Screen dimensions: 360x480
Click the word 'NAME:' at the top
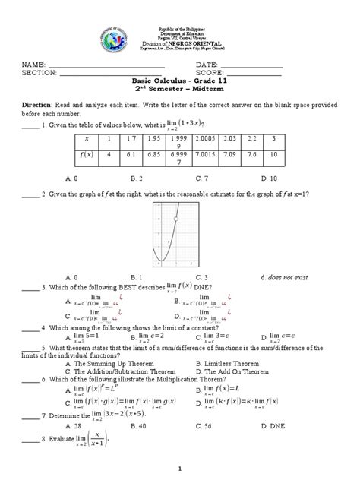[x=33, y=65]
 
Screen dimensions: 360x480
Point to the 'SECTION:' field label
[x=37, y=73]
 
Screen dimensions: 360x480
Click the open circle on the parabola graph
[x=176, y=219]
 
